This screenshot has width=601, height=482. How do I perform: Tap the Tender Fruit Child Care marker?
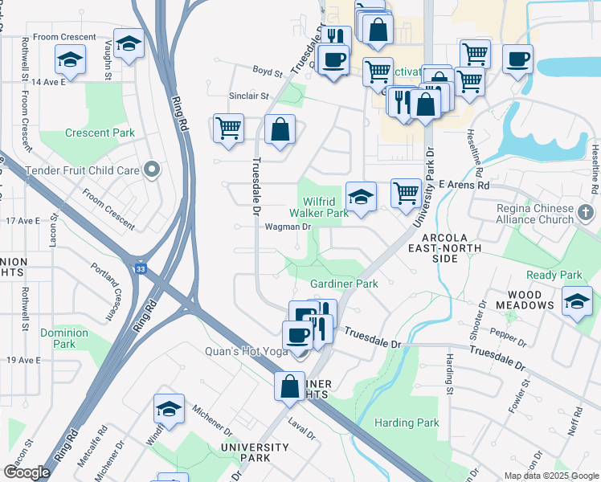pos(150,170)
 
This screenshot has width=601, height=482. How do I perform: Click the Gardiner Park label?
pos(344,284)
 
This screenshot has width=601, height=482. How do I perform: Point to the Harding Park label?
pos(407,423)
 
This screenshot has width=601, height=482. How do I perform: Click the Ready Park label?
pos(554,276)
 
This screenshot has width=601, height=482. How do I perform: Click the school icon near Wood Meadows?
pos(576,302)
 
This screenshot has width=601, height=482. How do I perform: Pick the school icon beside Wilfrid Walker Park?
pos(361,195)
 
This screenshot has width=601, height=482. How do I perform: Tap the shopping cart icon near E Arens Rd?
pos(407,193)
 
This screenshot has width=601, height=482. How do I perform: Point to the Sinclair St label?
pos(248,96)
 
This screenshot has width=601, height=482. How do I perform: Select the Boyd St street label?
pos(268,72)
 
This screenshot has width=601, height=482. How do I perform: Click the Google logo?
pos(27,472)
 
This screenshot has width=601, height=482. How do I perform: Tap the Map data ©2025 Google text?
pos(550,476)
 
